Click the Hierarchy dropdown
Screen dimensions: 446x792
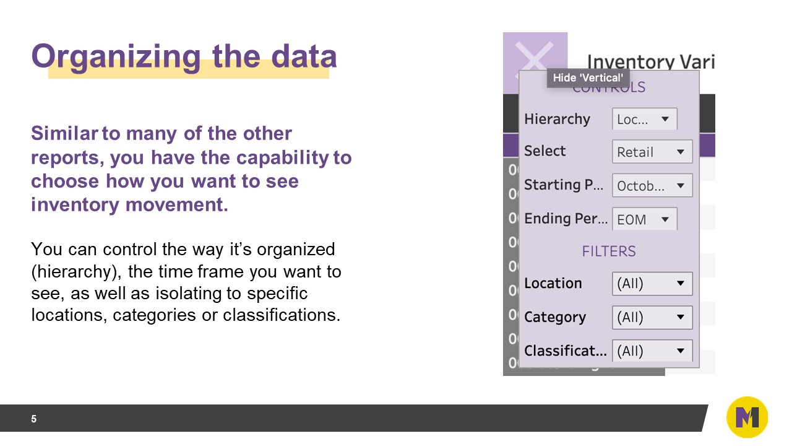pyautogui.click(x=644, y=119)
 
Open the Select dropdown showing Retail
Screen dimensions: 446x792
pyautogui.click(x=652, y=152)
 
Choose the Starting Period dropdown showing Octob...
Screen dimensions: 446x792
pyautogui.click(x=652, y=185)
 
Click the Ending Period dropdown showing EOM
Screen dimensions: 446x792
pyautogui.click(x=644, y=219)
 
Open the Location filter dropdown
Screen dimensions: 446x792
pyautogui.click(x=652, y=284)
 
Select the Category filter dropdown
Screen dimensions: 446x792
pyautogui.click(x=652, y=317)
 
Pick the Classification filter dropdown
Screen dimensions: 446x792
pyautogui.click(x=652, y=351)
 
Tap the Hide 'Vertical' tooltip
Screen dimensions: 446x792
pyautogui.click(x=588, y=77)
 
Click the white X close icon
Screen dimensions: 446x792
pyautogui.click(x=534, y=61)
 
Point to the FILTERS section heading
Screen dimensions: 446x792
pyautogui.click(x=609, y=251)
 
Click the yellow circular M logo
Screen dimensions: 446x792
pyautogui.click(x=747, y=418)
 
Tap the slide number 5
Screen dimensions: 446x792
pyautogui.click(x=34, y=419)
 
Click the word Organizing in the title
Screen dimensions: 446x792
pyautogui.click(x=116, y=56)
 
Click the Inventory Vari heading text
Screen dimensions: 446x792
pyautogui.click(x=650, y=62)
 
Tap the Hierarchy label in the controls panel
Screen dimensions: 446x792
pyautogui.click(x=557, y=119)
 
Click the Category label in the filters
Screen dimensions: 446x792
pyautogui.click(x=554, y=317)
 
